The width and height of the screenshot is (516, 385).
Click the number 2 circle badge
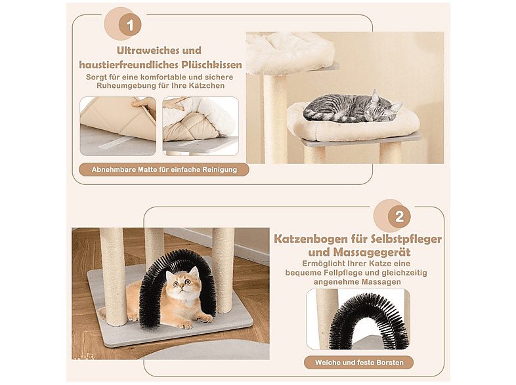tap(398, 216)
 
